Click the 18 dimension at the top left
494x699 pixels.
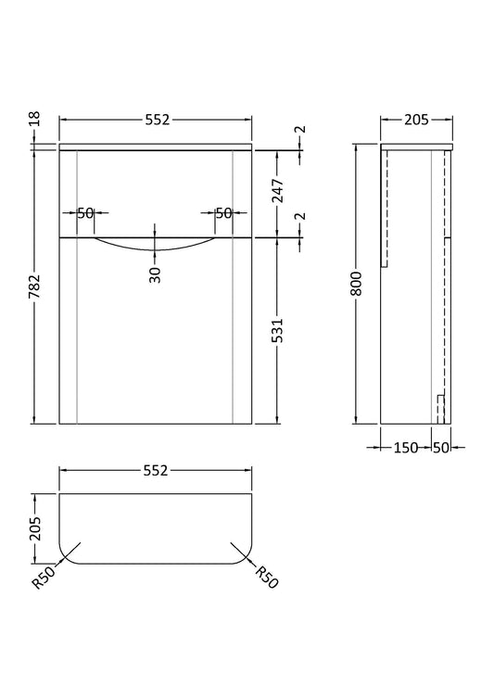(x=35, y=119)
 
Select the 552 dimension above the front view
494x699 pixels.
(x=157, y=120)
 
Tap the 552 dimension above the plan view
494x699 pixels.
(x=155, y=470)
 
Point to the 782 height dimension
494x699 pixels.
(x=35, y=286)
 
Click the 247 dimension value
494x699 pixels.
(x=278, y=190)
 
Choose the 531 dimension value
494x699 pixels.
(x=278, y=330)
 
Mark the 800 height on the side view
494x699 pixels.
(x=356, y=284)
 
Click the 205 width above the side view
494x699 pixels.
(x=416, y=120)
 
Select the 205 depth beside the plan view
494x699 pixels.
(x=35, y=528)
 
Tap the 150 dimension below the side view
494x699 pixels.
(x=406, y=447)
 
